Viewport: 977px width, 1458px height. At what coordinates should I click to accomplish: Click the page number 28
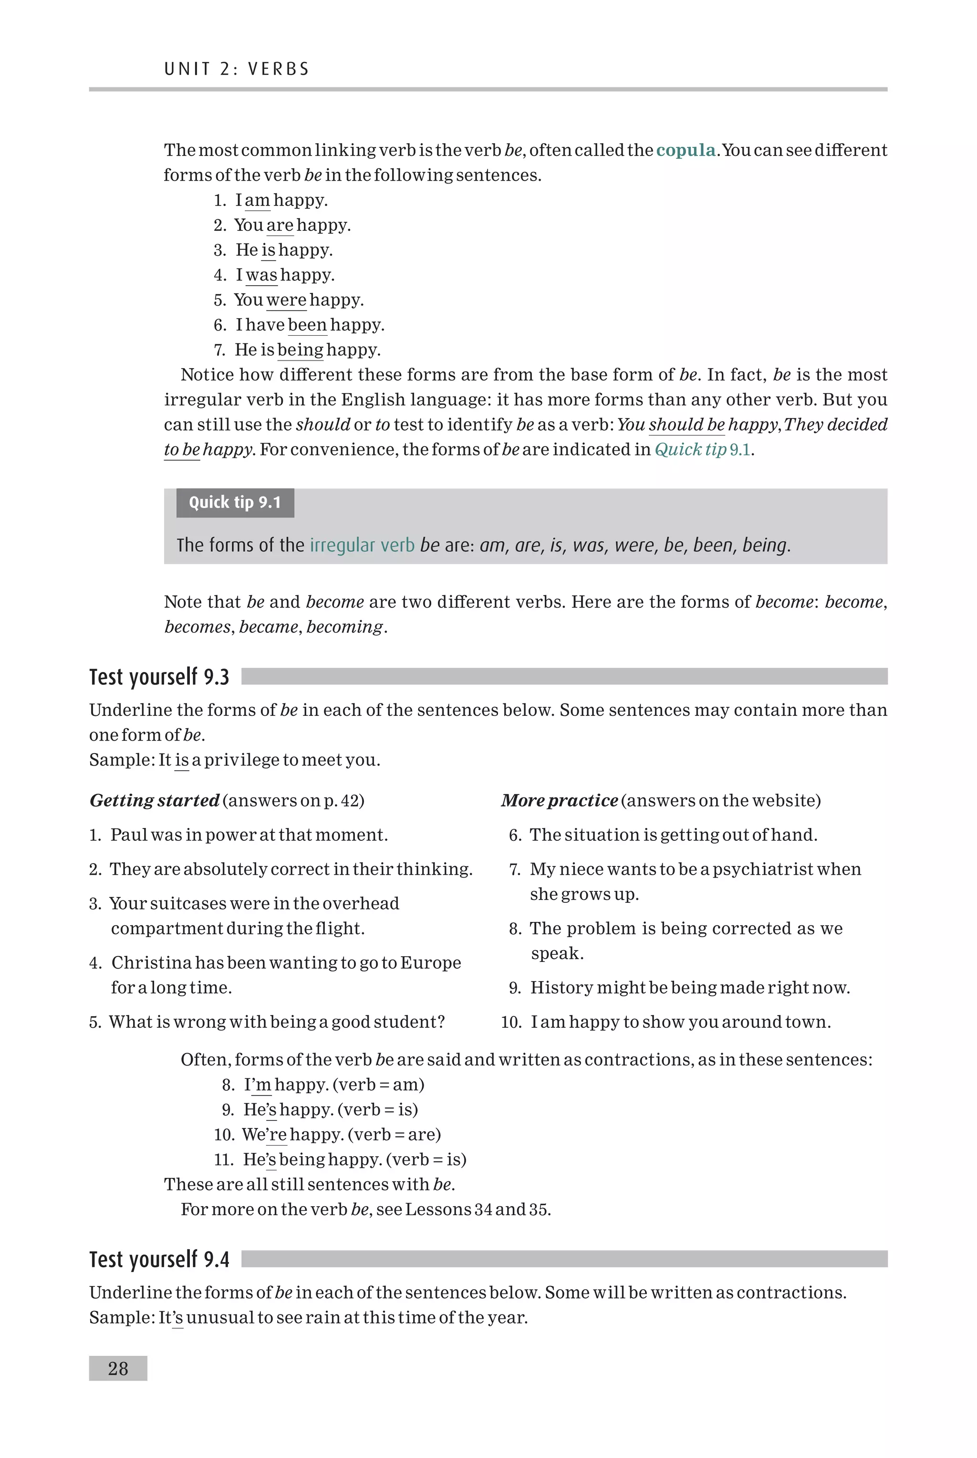click(118, 1368)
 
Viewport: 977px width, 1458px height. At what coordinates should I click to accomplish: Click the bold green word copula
click(686, 150)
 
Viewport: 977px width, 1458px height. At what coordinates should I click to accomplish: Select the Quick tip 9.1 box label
click(235, 503)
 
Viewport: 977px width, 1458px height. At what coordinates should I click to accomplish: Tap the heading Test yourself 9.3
click(159, 677)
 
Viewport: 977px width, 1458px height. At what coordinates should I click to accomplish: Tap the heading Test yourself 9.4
click(159, 1259)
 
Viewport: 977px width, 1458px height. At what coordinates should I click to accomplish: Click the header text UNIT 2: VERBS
click(237, 69)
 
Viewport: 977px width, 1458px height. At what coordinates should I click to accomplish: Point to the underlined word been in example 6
click(307, 325)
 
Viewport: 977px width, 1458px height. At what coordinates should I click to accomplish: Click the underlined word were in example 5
click(286, 300)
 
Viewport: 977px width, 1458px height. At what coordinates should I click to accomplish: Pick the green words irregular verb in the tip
click(362, 546)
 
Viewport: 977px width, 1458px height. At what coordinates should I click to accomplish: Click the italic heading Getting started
click(155, 801)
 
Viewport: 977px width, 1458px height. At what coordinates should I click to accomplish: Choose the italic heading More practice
click(559, 801)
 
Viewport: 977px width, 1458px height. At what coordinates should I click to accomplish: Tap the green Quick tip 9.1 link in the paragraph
click(702, 450)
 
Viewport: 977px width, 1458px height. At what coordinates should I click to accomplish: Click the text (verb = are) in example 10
click(395, 1135)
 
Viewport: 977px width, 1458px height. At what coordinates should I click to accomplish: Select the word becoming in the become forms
click(344, 627)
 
